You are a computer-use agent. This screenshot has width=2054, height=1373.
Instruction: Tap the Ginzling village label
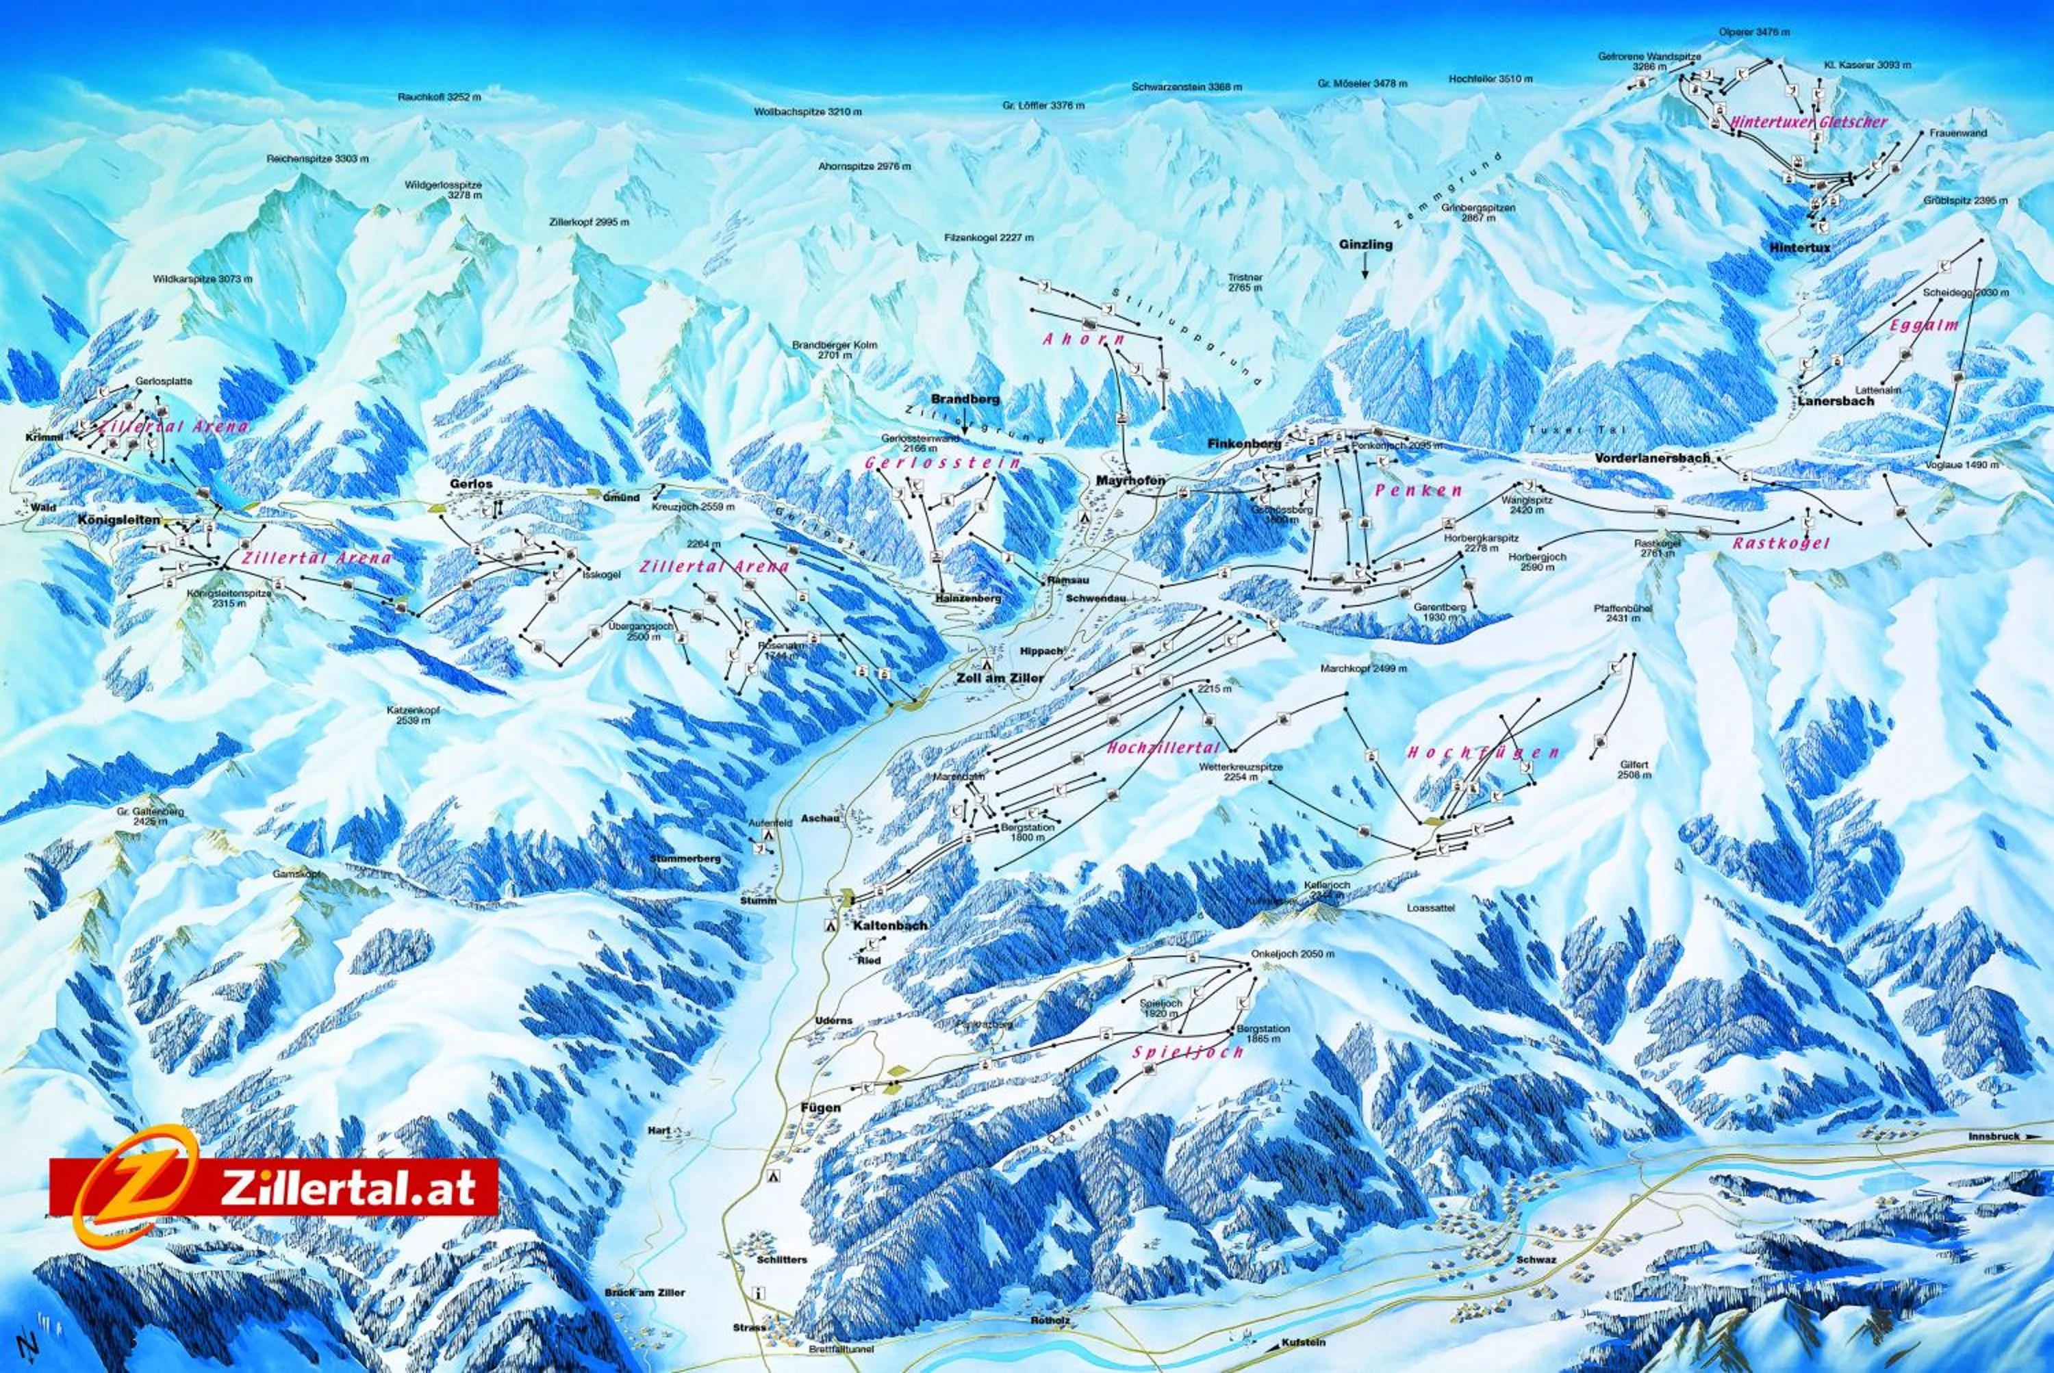(1365, 245)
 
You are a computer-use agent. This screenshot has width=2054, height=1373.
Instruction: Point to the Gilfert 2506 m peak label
(1634, 770)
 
